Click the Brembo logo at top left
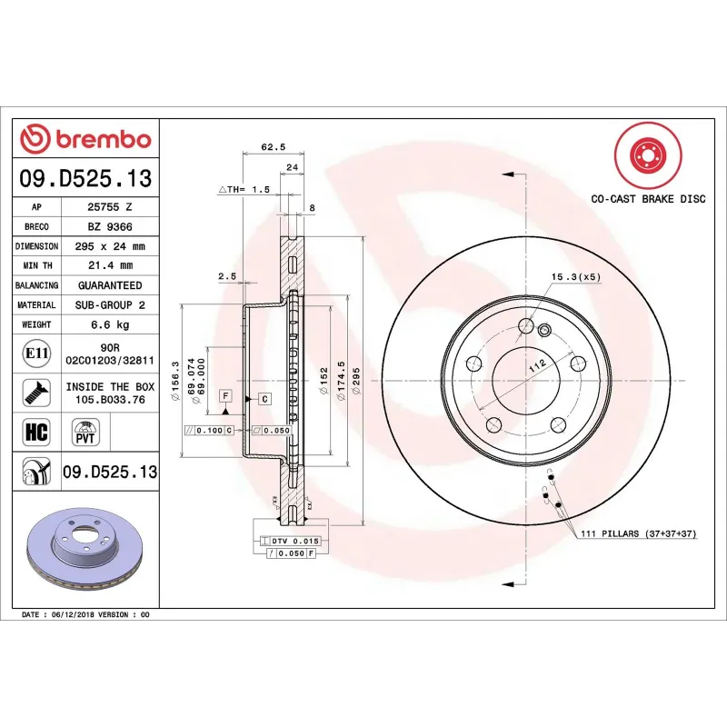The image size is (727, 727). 85,139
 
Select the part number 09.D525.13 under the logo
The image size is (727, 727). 85,180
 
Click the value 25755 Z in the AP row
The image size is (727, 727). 110,207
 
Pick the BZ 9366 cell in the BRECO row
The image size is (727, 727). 110,226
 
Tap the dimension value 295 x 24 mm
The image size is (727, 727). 110,246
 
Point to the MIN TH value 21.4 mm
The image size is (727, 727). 110,265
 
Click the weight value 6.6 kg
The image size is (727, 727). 110,324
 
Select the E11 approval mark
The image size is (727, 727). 36,353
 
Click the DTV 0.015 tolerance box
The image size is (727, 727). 291,541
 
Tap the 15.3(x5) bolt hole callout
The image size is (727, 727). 575,276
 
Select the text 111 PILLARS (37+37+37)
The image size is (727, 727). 637,533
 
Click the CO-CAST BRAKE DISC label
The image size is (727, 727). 647,199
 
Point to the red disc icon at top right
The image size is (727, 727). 647,155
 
